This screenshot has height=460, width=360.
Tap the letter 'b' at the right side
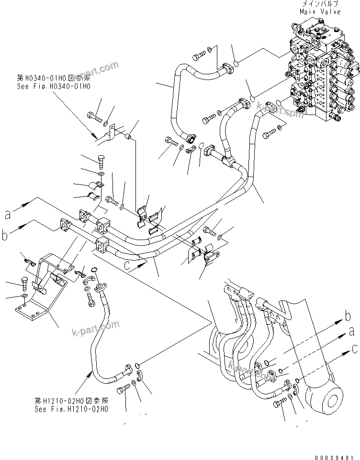(348, 316)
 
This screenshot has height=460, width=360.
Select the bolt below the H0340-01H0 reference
(93, 115)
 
